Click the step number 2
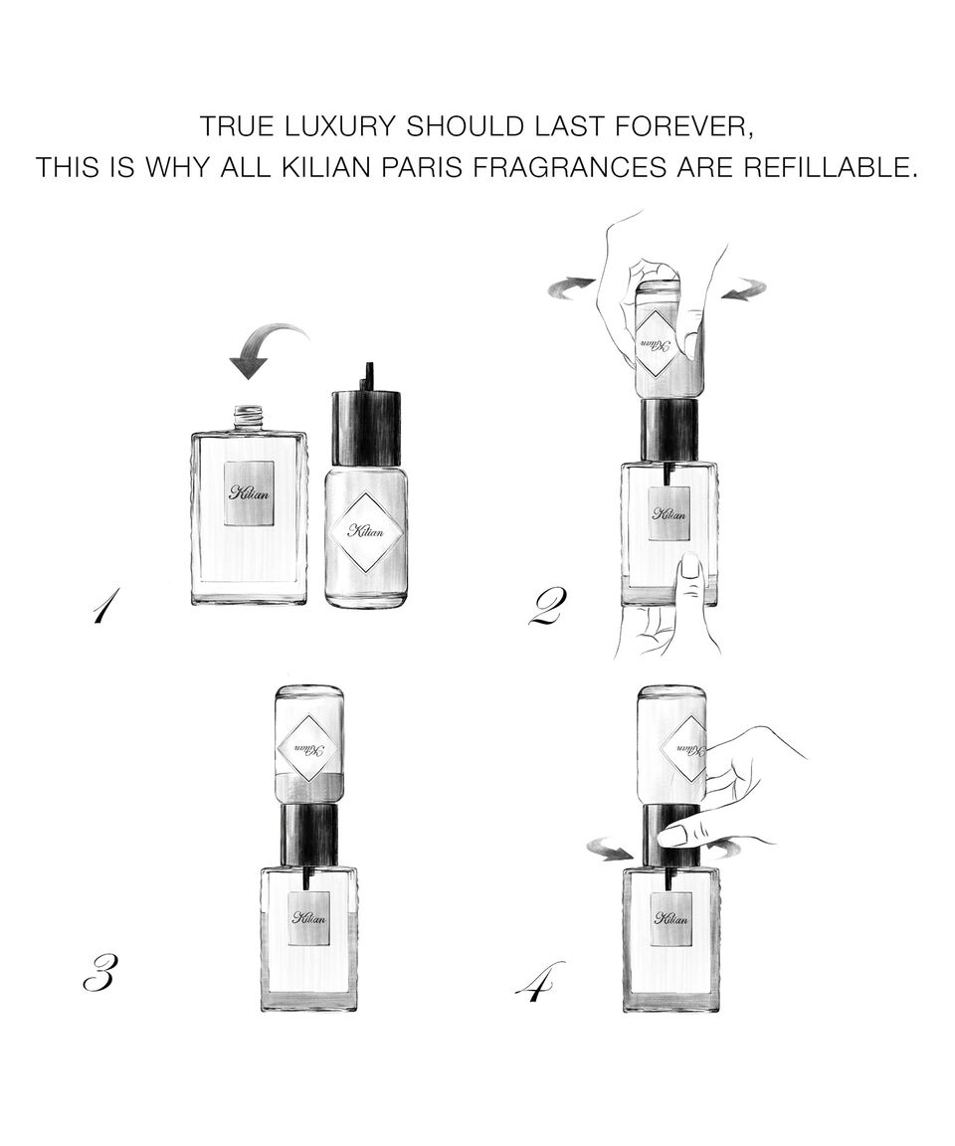click(546, 608)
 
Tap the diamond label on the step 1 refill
click(365, 532)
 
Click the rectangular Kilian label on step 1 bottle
click(249, 493)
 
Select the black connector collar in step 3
click(309, 834)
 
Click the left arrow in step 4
click(611, 850)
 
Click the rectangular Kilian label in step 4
click(670, 917)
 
